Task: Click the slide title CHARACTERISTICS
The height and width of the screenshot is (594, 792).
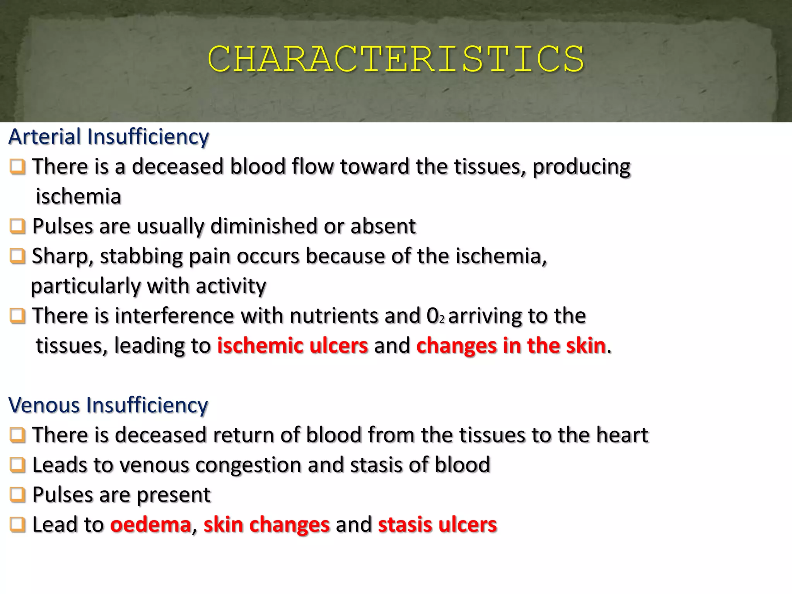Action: click(396, 59)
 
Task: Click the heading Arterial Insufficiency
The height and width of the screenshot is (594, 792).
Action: click(109, 137)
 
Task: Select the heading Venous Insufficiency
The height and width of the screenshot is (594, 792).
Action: click(108, 405)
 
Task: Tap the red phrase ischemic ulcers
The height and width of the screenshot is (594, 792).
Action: click(292, 345)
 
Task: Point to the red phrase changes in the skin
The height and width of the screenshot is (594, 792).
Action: click(510, 345)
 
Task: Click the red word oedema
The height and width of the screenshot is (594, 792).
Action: click(151, 525)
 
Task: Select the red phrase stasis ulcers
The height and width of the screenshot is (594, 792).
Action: click(437, 525)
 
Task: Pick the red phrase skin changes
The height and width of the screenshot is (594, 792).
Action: click(266, 525)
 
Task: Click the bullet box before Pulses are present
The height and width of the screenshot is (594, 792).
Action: click(17, 495)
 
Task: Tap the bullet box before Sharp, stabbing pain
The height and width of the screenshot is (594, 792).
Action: click(17, 256)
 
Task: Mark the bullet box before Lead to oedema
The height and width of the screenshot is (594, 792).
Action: click(17, 525)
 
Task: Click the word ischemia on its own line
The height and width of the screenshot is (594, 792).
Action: click(79, 196)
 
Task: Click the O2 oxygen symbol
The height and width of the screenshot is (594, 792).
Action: click(435, 316)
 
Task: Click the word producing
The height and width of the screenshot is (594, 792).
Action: click(581, 167)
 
